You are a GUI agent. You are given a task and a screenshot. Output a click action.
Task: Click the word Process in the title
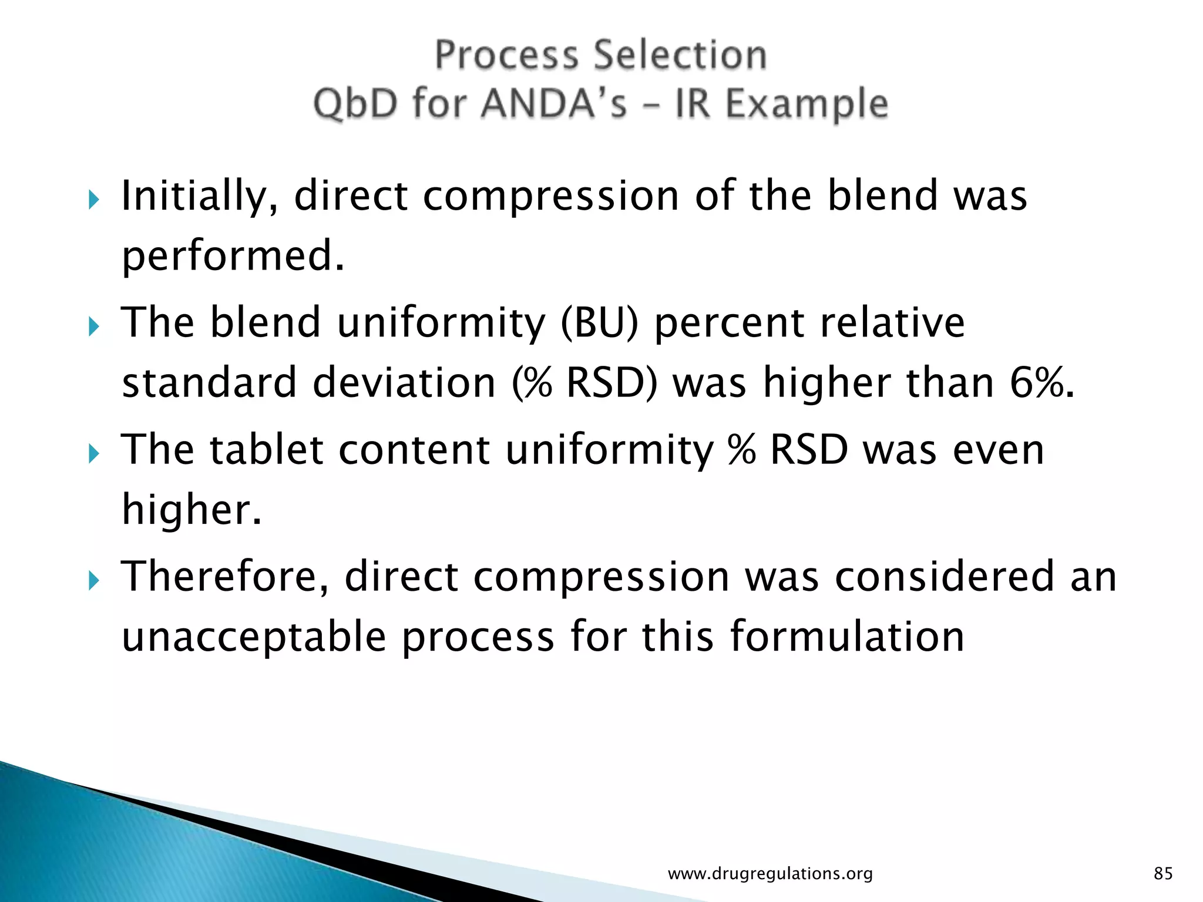pos(506,56)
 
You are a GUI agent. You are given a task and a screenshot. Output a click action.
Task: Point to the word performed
pos(232,257)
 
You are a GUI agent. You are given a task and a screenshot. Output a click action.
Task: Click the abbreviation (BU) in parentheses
pos(599,324)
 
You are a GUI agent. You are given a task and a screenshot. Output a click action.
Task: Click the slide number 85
pos(1163,874)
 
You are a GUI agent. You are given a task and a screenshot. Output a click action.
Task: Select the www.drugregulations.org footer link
pos(770,874)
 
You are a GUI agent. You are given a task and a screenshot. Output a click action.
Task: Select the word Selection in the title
pos(680,56)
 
